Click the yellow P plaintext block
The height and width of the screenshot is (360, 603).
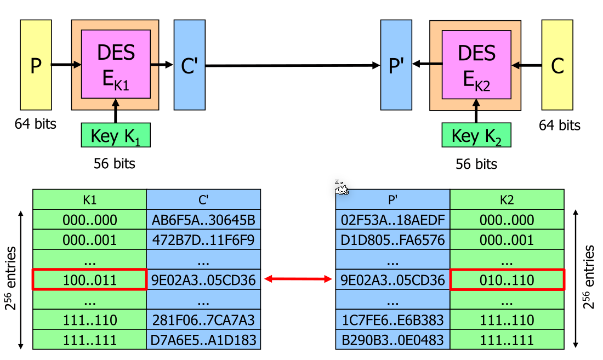tap(36, 65)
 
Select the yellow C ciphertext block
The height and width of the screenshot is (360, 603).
tap(557, 65)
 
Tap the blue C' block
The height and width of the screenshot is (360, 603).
tap(190, 65)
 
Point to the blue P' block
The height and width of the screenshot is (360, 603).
tap(396, 65)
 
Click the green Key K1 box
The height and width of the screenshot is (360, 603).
tap(116, 135)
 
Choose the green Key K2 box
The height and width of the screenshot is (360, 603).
tap(476, 135)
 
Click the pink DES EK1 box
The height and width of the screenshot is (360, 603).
tap(116, 64)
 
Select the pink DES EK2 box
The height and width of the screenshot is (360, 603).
tap(476, 64)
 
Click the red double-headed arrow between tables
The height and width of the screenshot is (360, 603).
tap(298, 279)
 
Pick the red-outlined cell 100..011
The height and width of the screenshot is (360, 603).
tap(90, 280)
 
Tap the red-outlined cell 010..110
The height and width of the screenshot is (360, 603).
tap(507, 280)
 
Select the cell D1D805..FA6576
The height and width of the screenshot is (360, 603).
tap(392, 239)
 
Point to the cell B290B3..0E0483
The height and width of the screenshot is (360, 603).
tap(392, 340)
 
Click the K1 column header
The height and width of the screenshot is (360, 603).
tap(90, 199)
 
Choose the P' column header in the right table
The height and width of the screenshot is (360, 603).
tap(392, 199)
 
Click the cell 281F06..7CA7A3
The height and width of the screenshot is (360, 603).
tap(203, 319)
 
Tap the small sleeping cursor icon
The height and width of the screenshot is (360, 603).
tap(342, 188)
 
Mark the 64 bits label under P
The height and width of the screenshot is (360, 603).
tap(36, 124)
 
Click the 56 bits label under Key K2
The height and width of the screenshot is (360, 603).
tap(476, 164)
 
